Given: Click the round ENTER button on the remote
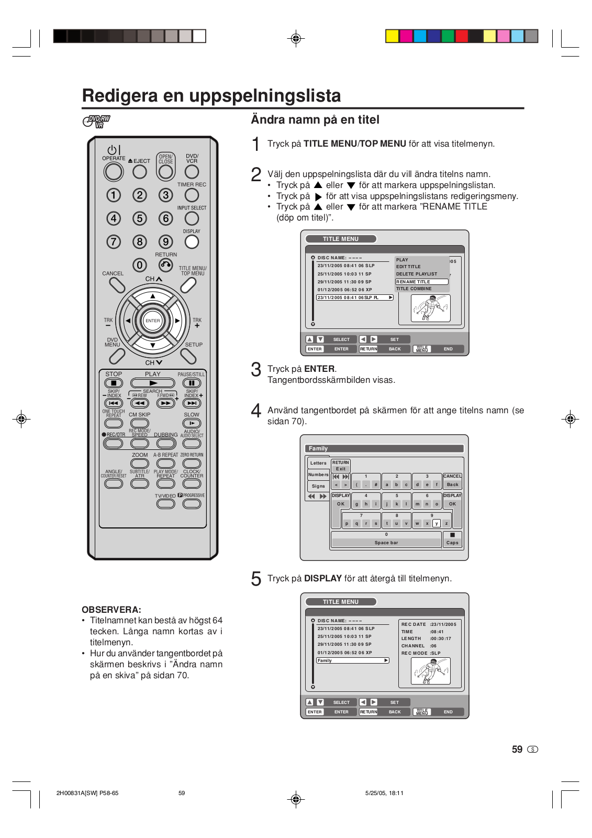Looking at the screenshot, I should tap(152, 321).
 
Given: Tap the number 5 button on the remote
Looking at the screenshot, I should tap(140, 218).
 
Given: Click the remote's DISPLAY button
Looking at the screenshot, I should tap(192, 241).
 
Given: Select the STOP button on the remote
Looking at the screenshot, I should tap(114, 383).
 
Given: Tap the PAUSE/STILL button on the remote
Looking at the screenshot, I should tap(192, 383).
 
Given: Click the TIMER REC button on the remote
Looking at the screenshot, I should tap(192, 195).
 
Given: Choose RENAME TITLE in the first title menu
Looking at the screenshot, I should tap(421, 282).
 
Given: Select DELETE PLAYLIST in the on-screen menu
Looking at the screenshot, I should tap(417, 274).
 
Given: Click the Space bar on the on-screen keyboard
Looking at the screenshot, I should tap(386, 543).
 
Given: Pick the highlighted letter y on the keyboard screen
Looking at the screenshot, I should tap(437, 523).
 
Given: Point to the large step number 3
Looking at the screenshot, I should tap(256, 370).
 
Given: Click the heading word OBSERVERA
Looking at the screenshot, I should tap(111, 610).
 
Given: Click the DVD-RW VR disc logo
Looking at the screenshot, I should tap(96, 122).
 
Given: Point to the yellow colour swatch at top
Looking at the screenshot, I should tap(392, 36).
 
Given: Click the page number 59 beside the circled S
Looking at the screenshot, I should tap(517, 749).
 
